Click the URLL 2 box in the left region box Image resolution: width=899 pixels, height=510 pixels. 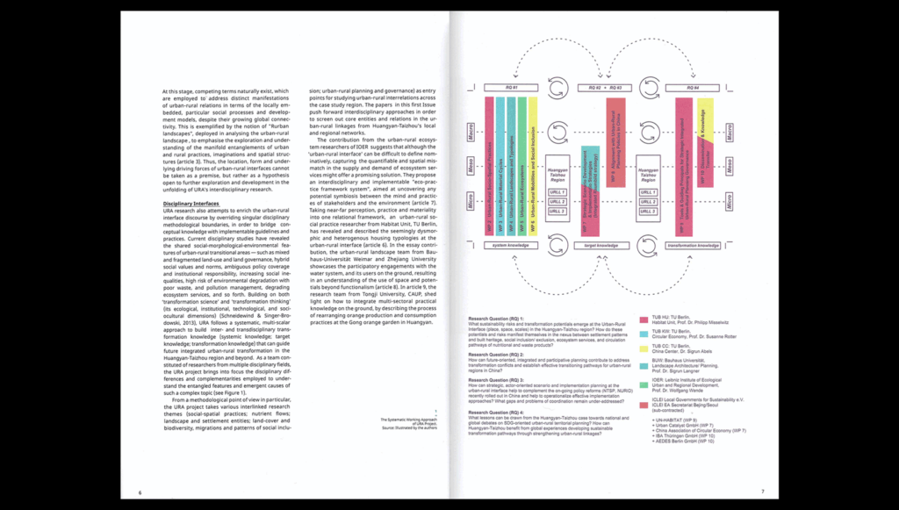click(557, 202)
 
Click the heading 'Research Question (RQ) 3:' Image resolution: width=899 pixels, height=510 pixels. click(496, 379)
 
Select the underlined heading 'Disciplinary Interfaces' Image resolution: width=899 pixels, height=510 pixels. click(191, 204)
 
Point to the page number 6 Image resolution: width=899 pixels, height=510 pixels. click(140, 492)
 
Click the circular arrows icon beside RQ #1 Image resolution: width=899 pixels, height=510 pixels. click(557, 89)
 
